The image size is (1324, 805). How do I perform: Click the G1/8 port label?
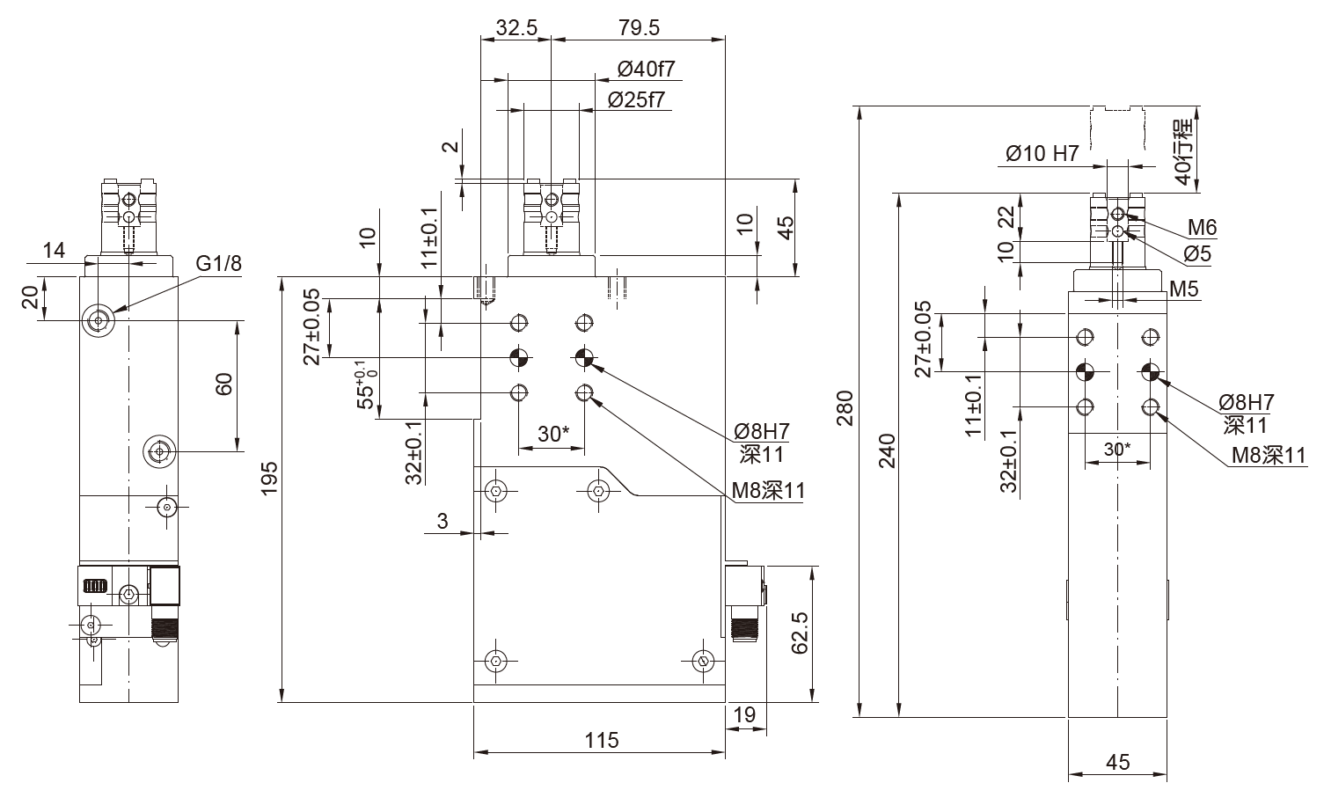click(218, 263)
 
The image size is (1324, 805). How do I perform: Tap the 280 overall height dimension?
click(845, 408)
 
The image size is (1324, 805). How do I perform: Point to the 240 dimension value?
click(887, 450)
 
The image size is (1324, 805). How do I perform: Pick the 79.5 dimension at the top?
click(639, 27)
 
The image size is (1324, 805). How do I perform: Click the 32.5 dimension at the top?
click(516, 27)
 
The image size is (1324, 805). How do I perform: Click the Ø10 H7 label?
click(1042, 154)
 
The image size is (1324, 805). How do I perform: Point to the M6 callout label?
click(1202, 229)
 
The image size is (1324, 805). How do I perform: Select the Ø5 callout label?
click(1197, 254)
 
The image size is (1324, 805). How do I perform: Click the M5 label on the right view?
click(1184, 289)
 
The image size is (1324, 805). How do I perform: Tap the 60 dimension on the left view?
click(223, 384)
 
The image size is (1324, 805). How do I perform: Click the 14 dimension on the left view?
click(54, 251)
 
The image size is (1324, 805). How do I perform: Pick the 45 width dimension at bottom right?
click(1117, 762)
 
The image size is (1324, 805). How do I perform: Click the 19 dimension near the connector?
click(744, 715)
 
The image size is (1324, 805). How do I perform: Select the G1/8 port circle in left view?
click(98, 320)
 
